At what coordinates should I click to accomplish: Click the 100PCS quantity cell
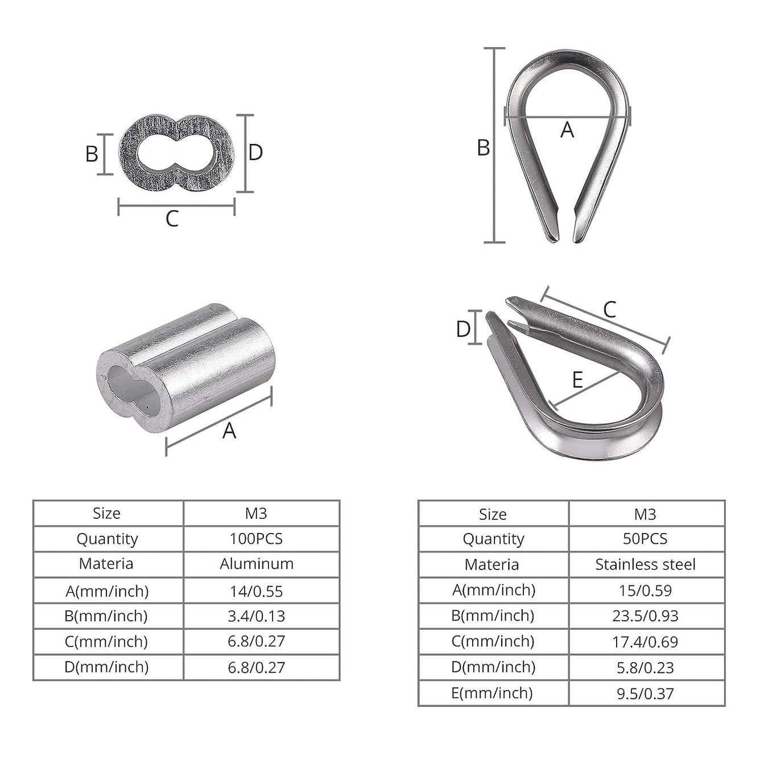[x=257, y=539]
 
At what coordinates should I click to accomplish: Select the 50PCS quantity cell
[x=645, y=539]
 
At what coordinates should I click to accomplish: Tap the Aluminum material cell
[x=257, y=564]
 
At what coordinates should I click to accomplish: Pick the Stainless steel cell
[x=645, y=565]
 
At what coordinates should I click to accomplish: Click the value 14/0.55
[x=257, y=592]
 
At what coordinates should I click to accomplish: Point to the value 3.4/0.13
[x=257, y=616]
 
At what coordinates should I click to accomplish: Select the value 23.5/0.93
[x=645, y=616]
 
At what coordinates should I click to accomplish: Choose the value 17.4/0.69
[x=645, y=642]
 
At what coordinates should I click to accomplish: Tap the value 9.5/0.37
[x=645, y=694]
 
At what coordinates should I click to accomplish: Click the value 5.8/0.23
[x=645, y=668]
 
